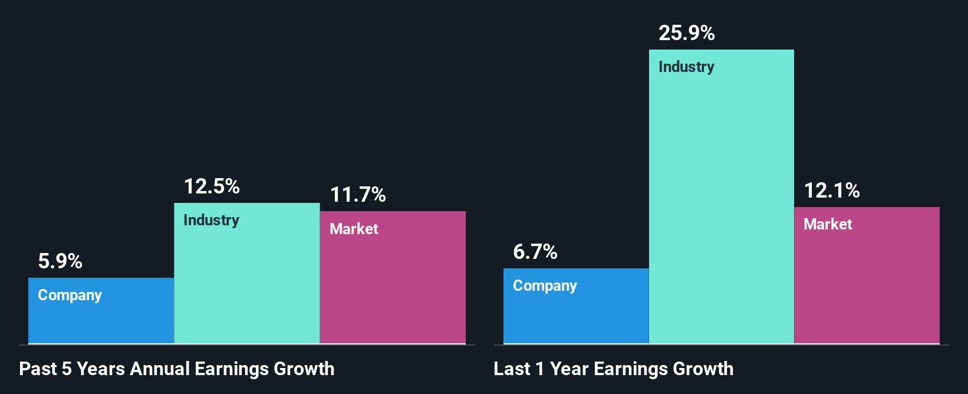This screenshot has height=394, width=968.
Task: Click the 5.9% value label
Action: [x=60, y=261]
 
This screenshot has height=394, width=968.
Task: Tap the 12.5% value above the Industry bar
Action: [x=212, y=186]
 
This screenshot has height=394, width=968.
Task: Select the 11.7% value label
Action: [x=358, y=195]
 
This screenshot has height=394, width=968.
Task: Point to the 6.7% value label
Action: [x=535, y=252]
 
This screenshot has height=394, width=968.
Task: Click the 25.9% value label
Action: [x=687, y=33]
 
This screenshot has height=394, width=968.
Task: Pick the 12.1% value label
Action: [x=832, y=191]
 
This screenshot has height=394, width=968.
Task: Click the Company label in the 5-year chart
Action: [x=70, y=295]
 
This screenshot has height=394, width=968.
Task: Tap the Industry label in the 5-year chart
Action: [x=211, y=220]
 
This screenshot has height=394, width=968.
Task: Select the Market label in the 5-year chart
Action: [x=354, y=229]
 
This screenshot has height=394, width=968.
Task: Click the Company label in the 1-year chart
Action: [x=545, y=285]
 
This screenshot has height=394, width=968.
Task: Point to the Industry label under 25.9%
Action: [x=686, y=67]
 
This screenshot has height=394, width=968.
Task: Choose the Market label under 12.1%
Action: [x=828, y=224]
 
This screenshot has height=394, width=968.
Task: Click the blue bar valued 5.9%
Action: [x=101, y=322]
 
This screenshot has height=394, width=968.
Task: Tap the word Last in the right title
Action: [x=512, y=369]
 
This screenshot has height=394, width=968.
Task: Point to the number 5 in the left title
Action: [x=67, y=369]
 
